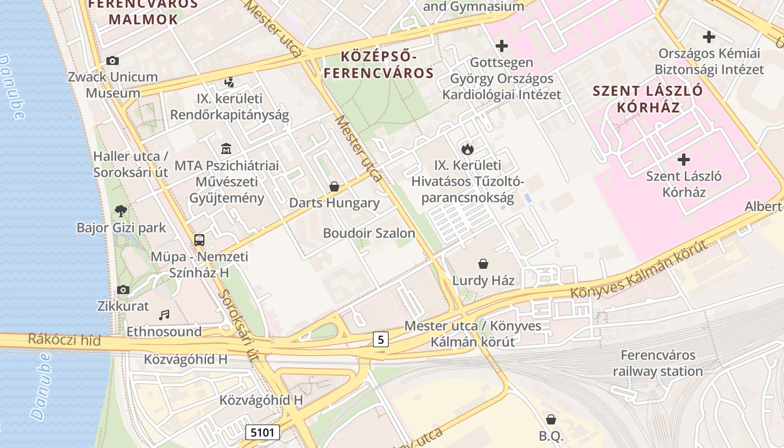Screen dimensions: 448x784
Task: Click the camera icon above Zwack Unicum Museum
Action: [113, 60]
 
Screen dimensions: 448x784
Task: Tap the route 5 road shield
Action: [381, 339]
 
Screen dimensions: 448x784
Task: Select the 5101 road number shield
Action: [262, 432]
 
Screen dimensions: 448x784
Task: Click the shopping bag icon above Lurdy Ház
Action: [483, 263]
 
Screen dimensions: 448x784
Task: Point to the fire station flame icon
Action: [468, 148]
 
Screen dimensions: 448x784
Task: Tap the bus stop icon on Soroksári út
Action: [199, 240]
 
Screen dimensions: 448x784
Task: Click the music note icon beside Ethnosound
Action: [164, 315]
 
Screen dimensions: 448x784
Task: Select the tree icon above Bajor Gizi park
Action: [120, 211]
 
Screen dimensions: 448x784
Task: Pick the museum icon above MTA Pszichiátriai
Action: [226, 149]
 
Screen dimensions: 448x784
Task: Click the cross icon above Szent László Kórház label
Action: [683, 160]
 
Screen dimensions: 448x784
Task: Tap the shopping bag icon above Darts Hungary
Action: [334, 186]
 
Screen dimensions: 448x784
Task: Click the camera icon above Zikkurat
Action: [123, 290]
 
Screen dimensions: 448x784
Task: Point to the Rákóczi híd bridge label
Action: [64, 340]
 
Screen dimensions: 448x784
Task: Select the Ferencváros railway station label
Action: [657, 363]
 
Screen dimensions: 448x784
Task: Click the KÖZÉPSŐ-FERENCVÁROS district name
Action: [379, 64]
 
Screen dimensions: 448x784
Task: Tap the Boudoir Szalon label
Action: [369, 233]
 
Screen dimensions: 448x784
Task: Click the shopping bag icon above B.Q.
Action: [551, 419]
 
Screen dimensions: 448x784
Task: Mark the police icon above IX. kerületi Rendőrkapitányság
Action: [228, 82]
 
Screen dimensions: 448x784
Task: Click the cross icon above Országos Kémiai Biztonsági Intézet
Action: [709, 38]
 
